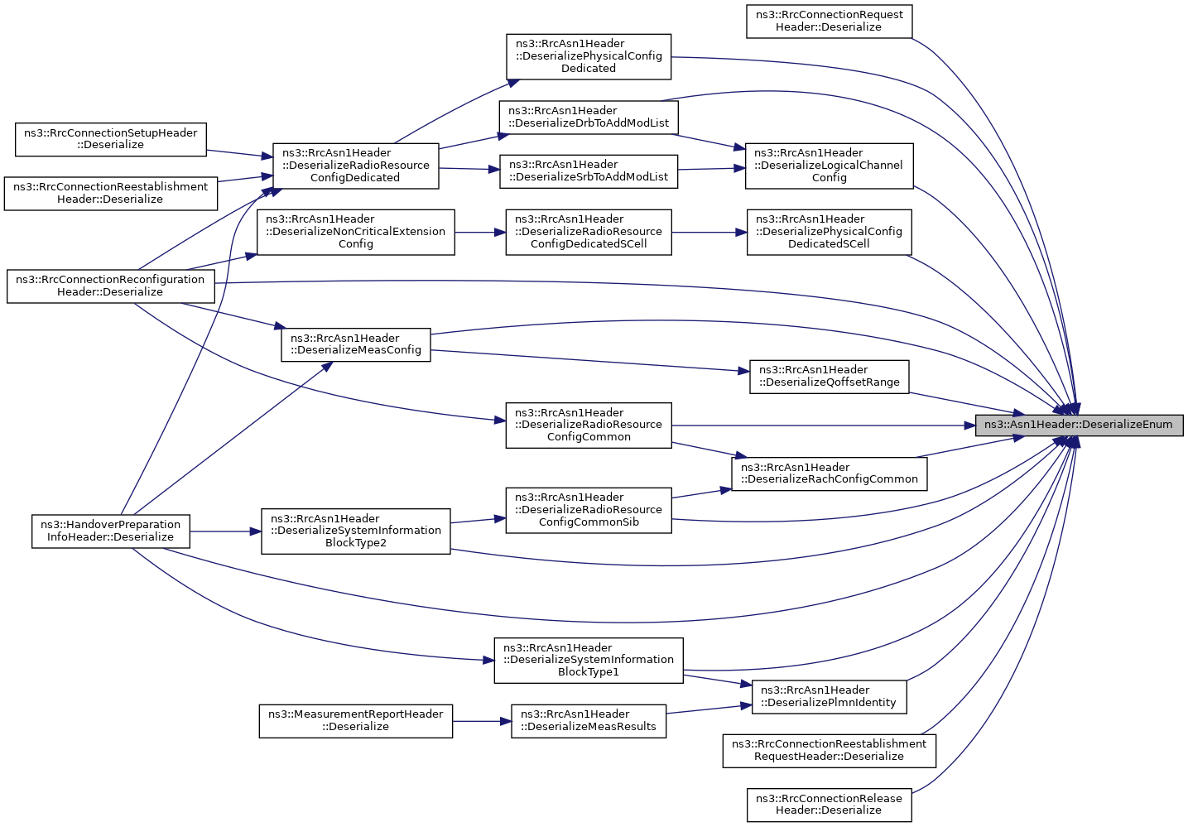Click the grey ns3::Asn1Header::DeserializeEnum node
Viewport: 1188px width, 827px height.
pos(1079,425)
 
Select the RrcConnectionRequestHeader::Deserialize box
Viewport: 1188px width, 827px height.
pos(829,22)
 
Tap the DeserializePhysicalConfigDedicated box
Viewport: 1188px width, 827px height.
pos(589,57)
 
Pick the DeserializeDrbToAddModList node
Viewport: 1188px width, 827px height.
pos(589,118)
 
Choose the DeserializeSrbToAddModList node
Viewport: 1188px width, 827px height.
pos(589,171)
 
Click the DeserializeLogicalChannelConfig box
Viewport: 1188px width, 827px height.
pos(829,166)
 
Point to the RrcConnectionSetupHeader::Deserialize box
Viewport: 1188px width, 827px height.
pos(110,139)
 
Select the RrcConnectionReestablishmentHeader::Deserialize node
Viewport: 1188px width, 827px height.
pos(110,193)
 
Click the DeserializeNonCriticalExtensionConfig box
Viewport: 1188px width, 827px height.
pos(355,232)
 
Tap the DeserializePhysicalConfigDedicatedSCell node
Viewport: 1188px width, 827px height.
pos(830,232)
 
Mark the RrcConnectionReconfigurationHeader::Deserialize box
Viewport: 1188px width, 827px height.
pos(110,286)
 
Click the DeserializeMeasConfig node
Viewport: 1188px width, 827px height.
pos(355,345)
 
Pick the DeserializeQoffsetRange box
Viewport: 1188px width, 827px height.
pos(829,377)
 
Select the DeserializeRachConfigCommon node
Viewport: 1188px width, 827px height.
pos(829,474)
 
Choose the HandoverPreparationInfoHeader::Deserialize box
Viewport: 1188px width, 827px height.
pos(110,531)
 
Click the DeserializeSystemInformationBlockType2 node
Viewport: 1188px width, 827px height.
pos(355,531)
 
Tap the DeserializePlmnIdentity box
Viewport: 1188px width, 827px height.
pos(829,696)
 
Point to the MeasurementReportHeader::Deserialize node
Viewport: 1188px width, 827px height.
pos(355,721)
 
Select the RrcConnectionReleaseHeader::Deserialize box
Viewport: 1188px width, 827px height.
pos(829,805)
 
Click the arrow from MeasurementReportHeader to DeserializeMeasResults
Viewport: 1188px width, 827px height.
pos(482,721)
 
